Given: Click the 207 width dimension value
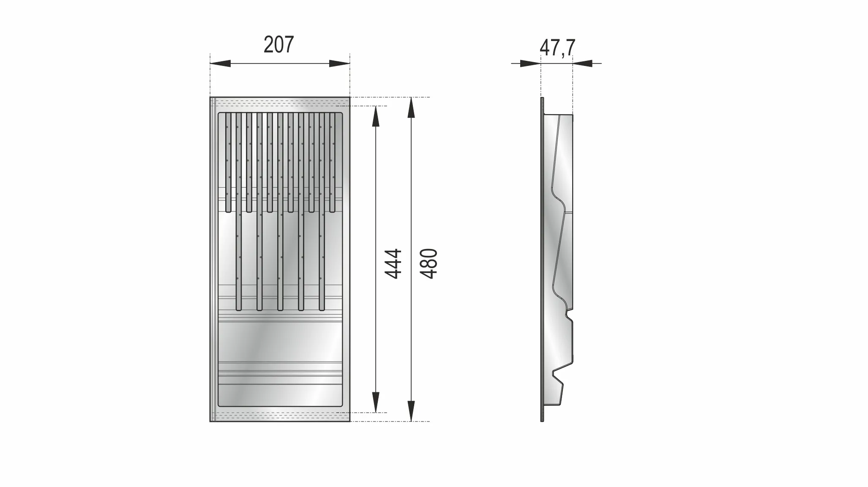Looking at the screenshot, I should pyautogui.click(x=278, y=45).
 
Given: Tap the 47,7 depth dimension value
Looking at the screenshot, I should pyautogui.click(x=557, y=47).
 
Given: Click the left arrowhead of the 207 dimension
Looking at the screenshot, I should pyautogui.click(x=220, y=64).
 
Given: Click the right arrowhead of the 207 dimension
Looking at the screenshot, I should pyautogui.click(x=340, y=64).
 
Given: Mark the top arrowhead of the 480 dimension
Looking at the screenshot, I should pyautogui.click(x=411, y=107).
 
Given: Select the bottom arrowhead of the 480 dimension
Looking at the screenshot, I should pyautogui.click(x=411, y=411).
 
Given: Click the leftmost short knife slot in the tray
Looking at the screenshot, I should pyautogui.click(x=228, y=162).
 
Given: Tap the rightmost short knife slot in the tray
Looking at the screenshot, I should pyautogui.click(x=332, y=162).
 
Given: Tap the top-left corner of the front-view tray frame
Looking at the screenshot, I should pyautogui.click(x=210, y=97).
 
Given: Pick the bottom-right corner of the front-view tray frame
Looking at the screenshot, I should pyautogui.click(x=349, y=421).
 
